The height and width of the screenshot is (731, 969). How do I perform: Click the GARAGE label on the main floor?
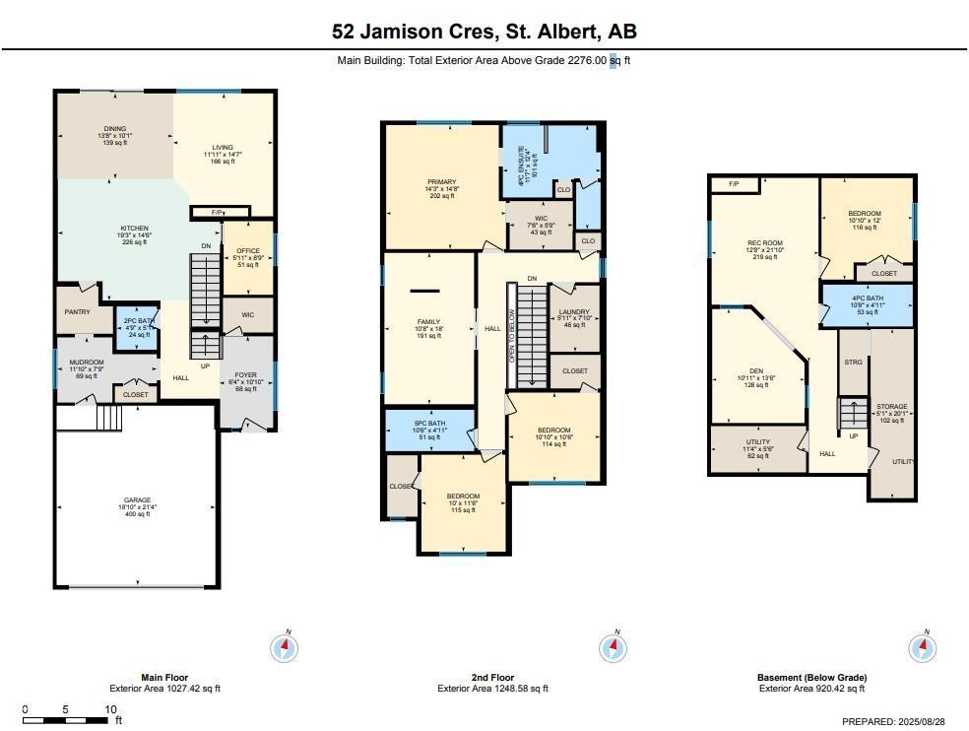click(x=137, y=500)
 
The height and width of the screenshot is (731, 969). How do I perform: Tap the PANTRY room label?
click(x=77, y=313)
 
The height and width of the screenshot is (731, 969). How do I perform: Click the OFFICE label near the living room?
click(x=247, y=251)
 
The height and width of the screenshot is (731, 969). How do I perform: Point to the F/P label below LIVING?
click(x=216, y=212)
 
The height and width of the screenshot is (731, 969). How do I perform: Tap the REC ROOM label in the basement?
click(x=764, y=242)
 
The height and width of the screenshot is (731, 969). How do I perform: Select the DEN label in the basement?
click(x=756, y=371)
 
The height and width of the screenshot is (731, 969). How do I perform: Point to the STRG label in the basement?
click(x=853, y=363)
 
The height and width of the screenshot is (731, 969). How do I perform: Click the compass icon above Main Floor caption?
click(x=284, y=647)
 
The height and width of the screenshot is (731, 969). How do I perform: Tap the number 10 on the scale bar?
click(x=110, y=709)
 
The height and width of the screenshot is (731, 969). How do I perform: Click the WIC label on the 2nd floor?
click(x=541, y=219)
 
